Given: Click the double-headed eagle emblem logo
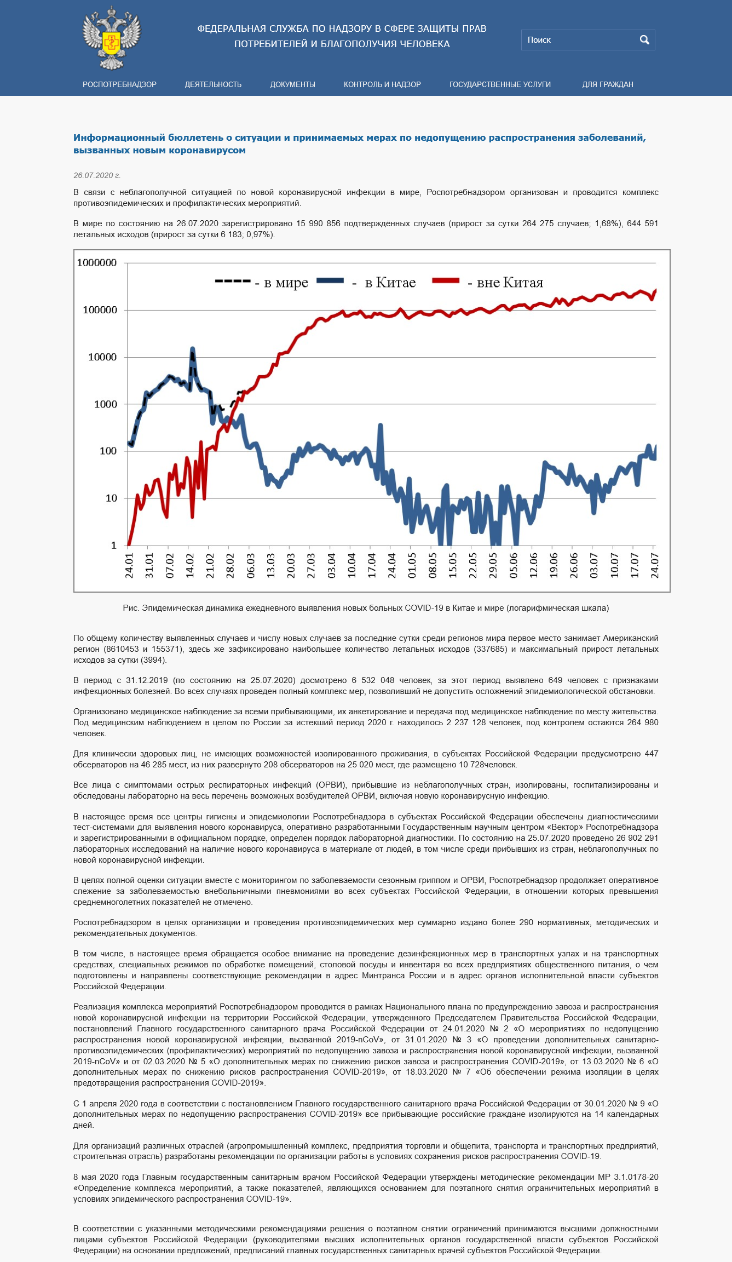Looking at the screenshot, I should click(x=112, y=38).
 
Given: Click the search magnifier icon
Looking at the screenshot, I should click(x=644, y=40).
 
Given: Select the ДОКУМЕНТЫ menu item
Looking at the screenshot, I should click(x=292, y=84).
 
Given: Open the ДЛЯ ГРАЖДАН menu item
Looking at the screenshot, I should click(x=607, y=84).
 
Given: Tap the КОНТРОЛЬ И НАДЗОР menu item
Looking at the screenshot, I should click(x=382, y=84).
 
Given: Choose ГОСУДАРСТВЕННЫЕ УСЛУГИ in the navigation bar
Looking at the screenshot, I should click(x=500, y=84).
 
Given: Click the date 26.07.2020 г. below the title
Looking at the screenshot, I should click(x=97, y=175).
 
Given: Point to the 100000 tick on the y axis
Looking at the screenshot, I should click(x=100, y=310).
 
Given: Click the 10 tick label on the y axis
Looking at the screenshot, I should click(x=111, y=498).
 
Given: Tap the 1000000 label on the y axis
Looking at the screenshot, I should click(x=97, y=263).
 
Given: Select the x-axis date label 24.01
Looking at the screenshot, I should click(x=129, y=565).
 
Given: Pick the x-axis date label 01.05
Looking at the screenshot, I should click(x=412, y=565).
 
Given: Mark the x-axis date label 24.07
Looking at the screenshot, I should click(x=654, y=565).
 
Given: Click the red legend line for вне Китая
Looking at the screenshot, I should click(x=446, y=280).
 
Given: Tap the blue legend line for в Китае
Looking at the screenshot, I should click(x=330, y=280).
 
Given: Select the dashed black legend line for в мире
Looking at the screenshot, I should click(x=233, y=281).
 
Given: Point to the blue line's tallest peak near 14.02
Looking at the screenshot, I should click(x=192, y=349).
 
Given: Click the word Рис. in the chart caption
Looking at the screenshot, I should click(x=130, y=608).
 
